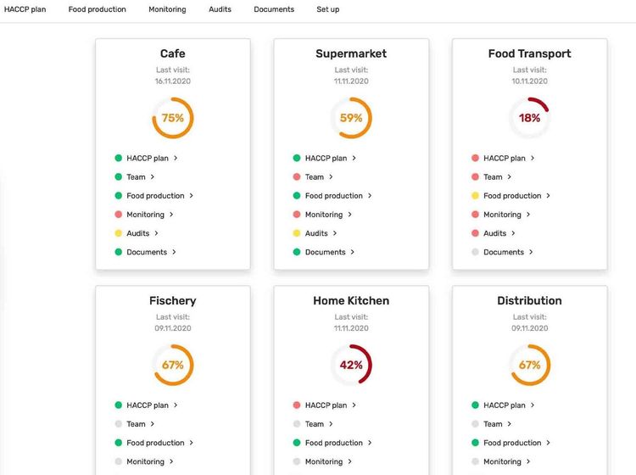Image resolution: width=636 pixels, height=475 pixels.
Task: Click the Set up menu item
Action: click(327, 9)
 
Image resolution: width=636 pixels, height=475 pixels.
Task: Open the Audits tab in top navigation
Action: click(220, 9)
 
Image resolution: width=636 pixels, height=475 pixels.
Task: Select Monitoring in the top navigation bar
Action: click(167, 9)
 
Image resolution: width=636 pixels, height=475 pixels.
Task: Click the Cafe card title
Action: click(172, 53)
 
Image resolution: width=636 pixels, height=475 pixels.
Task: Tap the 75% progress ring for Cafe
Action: click(173, 118)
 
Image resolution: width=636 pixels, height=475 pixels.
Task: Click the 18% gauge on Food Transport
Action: click(530, 118)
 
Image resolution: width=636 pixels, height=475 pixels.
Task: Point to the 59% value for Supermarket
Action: click(351, 118)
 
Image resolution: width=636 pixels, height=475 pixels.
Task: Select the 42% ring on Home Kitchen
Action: click(351, 365)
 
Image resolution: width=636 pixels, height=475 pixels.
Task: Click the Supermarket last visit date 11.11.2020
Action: click(351, 81)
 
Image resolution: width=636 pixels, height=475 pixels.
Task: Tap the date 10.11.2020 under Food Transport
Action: click(530, 81)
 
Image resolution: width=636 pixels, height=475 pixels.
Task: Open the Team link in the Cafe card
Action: click(137, 177)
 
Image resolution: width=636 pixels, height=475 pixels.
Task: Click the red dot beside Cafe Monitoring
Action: click(119, 215)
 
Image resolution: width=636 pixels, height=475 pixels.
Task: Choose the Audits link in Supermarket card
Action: click(316, 233)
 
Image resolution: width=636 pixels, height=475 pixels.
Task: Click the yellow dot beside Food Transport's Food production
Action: click(476, 196)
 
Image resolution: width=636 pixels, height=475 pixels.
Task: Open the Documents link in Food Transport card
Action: click(504, 252)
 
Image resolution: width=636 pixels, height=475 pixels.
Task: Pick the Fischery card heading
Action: click(172, 300)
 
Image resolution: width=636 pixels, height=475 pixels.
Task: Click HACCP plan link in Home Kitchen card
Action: click(326, 405)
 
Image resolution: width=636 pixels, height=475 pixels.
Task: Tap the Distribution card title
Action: click(530, 300)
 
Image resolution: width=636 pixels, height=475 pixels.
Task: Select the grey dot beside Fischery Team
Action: click(119, 424)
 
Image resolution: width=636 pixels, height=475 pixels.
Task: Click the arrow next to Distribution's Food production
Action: click(549, 443)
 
